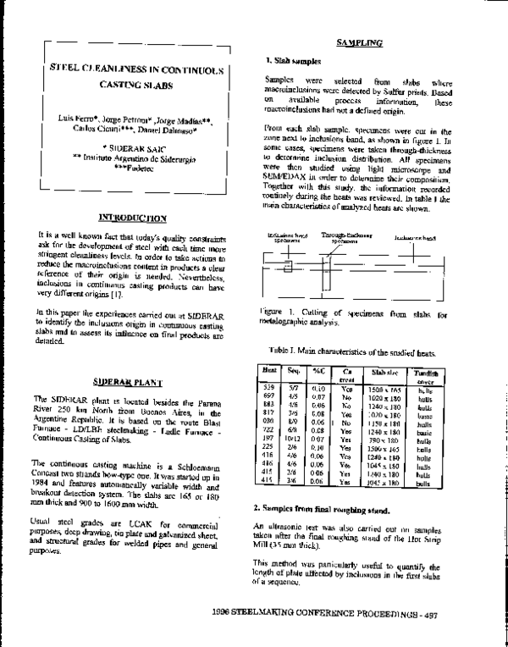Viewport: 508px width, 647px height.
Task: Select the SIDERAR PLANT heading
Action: (x=130, y=382)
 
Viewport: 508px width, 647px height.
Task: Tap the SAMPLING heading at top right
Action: (x=359, y=41)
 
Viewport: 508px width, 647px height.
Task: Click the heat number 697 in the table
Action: (x=268, y=397)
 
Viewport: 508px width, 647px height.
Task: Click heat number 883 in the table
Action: (x=268, y=406)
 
